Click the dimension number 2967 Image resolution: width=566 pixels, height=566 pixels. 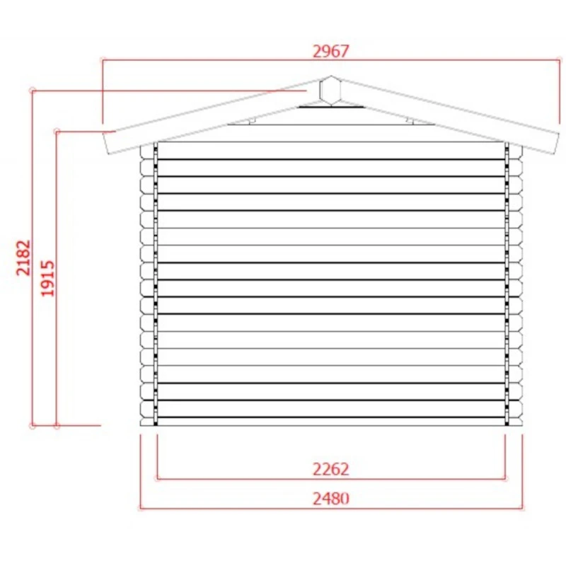pos(331,52)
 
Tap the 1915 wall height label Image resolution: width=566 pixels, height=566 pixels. pos(47,278)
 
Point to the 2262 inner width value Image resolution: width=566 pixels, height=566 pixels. pos(330,469)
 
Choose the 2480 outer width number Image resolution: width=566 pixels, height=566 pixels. pos(330,498)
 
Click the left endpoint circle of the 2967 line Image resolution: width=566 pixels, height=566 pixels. pos(103,60)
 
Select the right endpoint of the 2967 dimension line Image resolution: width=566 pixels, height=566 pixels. pos(559,60)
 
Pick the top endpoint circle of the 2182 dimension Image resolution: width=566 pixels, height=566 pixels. pos(32,90)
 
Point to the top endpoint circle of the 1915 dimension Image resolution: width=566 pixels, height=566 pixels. pos(57,131)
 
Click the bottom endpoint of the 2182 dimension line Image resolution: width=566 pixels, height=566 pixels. pos(32,425)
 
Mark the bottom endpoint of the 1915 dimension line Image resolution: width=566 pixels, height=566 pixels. pos(57,425)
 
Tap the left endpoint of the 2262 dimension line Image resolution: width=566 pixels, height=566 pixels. pos(156,478)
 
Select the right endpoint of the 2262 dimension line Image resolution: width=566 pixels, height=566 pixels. pos(505,478)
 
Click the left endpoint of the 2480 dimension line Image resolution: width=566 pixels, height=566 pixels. pos(140,507)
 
